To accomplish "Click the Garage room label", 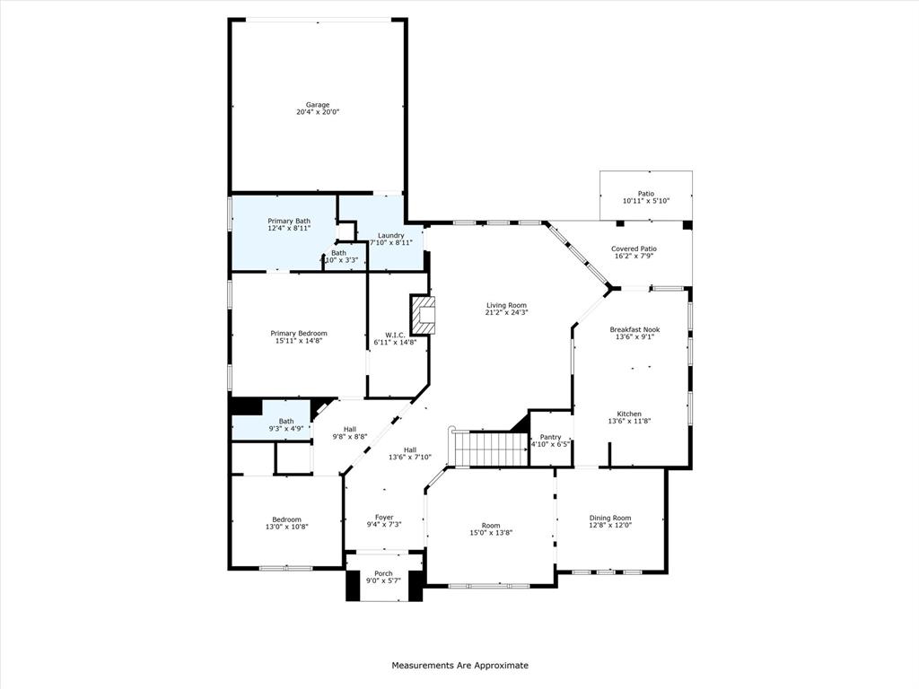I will click(318, 105).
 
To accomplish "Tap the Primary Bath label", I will click(289, 221).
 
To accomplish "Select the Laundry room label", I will click(391, 235).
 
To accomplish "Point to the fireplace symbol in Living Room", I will click(424, 315).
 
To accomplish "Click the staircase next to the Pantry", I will click(488, 449).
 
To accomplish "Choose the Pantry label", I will click(550, 437).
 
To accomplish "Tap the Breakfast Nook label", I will click(635, 329).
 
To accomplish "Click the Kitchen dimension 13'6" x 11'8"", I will click(629, 421).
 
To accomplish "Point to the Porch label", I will click(383, 573).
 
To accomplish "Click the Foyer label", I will click(384, 518).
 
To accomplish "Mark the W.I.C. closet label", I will click(395, 334).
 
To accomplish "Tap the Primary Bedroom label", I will click(299, 333).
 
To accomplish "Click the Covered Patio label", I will click(634, 249).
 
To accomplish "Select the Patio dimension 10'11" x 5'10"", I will click(646, 201).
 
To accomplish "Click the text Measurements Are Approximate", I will click(459, 666).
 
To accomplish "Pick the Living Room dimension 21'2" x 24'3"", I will click(507, 312).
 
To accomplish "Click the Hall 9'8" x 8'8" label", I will click(350, 436).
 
